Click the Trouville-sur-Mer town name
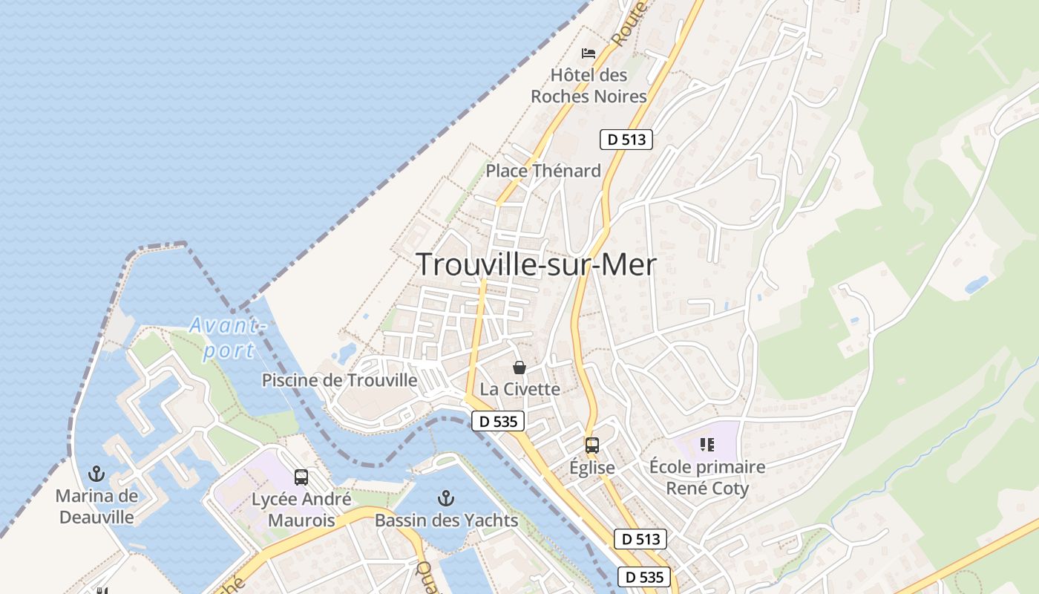536,264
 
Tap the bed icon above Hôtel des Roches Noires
589,53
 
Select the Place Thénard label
543,171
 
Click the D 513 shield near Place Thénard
626,139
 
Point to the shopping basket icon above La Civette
519,368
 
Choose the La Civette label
519,389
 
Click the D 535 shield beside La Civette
498,421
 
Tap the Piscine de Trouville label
339,380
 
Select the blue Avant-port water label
227,338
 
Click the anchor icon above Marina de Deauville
96,474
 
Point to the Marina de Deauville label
96,506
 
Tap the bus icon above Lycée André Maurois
301,477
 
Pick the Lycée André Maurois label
301,509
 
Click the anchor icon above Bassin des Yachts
446,497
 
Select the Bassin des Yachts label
446,520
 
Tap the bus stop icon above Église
591,446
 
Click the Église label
591,468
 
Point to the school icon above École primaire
707,445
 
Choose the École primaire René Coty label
707,477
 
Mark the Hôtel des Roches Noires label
589,85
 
